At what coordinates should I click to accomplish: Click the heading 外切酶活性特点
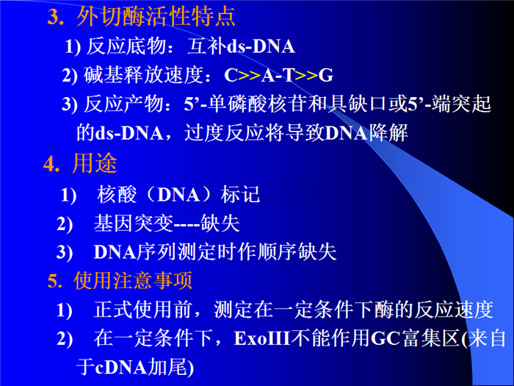coord(156,16)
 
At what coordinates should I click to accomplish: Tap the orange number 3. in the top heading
coord(56,17)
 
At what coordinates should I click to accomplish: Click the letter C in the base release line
coord(231,75)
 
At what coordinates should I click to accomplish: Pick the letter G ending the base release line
coord(326,75)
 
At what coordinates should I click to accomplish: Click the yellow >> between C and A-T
coord(250,76)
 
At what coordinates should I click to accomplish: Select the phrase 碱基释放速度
coord(143,75)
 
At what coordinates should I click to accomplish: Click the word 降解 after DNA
coord(388,133)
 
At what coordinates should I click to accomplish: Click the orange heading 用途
coord(95,163)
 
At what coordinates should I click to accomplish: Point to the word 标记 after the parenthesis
coord(240,194)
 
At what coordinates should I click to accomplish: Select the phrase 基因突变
coord(134,224)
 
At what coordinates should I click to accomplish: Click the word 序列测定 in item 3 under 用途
coord(177,252)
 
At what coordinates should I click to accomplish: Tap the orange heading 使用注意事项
coord(133,281)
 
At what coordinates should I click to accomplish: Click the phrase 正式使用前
coord(142,310)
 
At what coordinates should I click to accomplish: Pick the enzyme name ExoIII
coord(262,338)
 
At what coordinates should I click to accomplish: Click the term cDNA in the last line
coord(121,368)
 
